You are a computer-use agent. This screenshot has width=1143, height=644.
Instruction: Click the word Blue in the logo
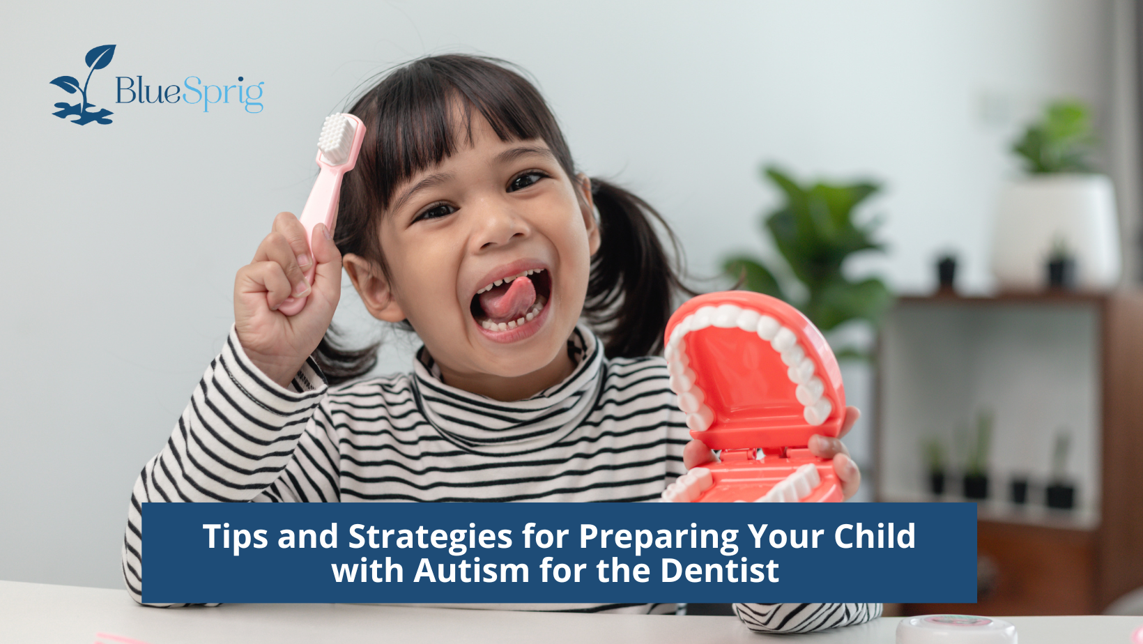(148, 91)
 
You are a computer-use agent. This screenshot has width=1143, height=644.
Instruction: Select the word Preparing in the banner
(659, 537)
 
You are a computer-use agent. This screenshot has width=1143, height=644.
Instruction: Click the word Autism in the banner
(471, 571)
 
